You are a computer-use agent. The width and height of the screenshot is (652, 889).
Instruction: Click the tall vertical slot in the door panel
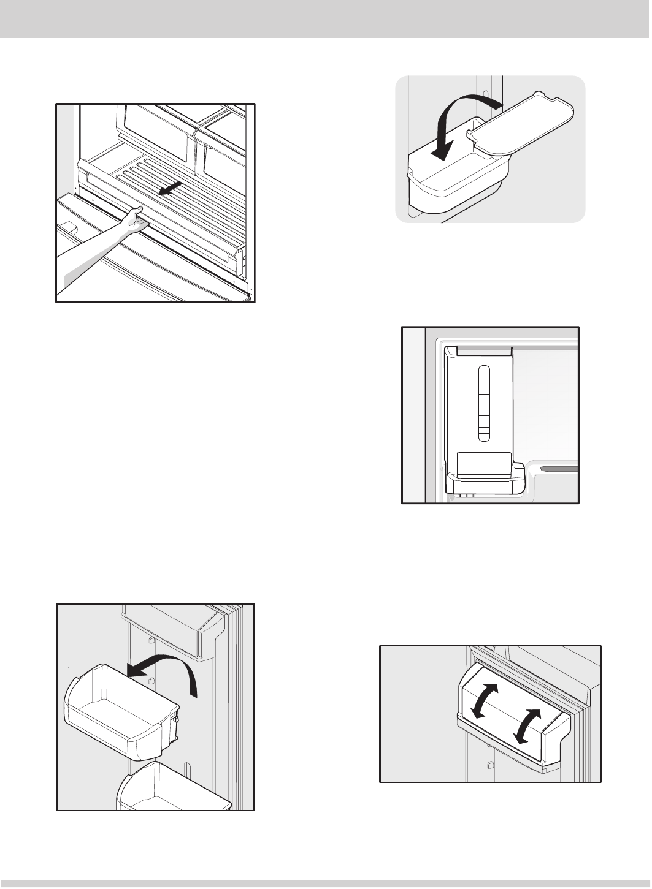coord(483,403)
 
